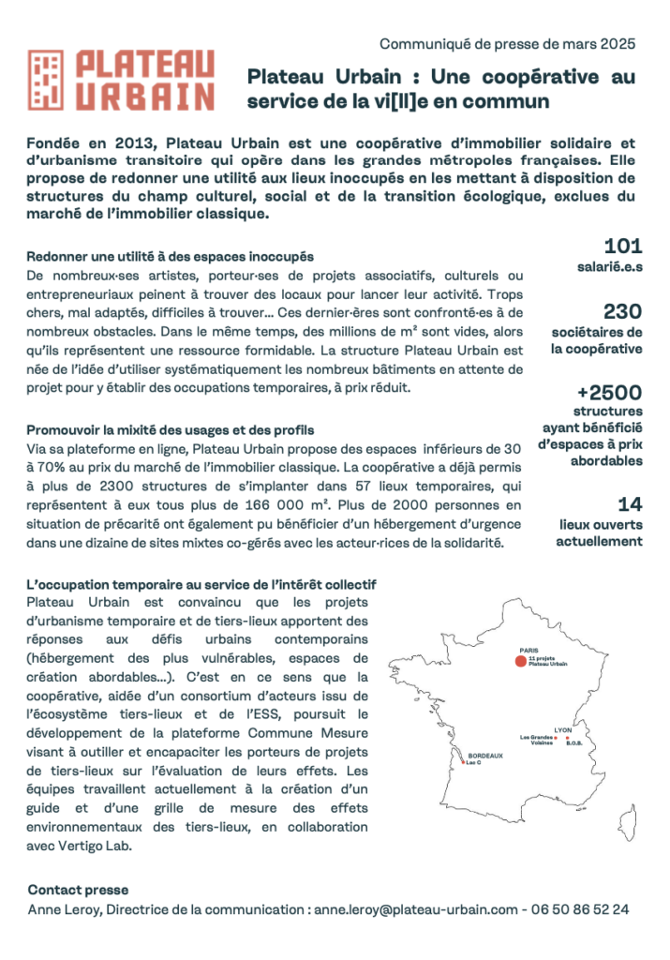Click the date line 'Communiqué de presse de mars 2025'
pyautogui.click(x=507, y=43)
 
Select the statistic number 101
pyautogui.click(x=623, y=247)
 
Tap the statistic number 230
pyautogui.click(x=623, y=311)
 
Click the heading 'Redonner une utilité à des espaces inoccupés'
pyautogui.click(x=170, y=256)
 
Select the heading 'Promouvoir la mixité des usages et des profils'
pyautogui.click(x=171, y=430)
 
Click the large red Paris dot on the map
pyautogui.click(x=520, y=662)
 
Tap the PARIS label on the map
pyautogui.click(x=529, y=649)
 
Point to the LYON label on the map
pyautogui.click(x=563, y=728)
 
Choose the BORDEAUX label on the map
pyautogui.click(x=485, y=756)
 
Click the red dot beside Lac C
pyautogui.click(x=462, y=763)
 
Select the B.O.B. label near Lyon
pyautogui.click(x=575, y=743)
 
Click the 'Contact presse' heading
pyautogui.click(x=78, y=890)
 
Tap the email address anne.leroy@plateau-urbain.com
pyautogui.click(x=415, y=909)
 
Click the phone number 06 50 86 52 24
pyautogui.click(x=580, y=909)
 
